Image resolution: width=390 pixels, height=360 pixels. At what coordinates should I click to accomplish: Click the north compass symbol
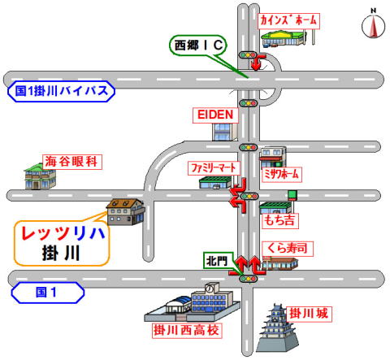(373, 26)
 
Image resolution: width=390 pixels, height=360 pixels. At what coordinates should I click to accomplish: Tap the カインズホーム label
(288, 21)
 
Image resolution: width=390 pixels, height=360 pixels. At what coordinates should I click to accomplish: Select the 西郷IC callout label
(198, 46)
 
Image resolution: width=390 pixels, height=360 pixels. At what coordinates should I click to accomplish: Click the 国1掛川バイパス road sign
(61, 91)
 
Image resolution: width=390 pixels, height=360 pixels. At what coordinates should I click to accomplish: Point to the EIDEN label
(215, 115)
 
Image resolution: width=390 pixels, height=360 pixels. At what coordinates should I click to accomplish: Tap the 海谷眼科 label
(71, 162)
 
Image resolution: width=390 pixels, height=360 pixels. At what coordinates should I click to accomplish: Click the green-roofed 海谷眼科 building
(40, 176)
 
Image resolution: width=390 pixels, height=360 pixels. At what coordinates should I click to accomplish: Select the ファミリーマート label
(214, 168)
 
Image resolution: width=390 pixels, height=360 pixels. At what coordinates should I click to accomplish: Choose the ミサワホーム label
(282, 174)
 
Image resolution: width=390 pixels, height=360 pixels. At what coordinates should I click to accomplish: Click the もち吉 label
(279, 220)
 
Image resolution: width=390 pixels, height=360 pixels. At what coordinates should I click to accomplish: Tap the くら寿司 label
(288, 249)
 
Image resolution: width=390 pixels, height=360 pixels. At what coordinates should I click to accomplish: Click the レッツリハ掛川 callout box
(62, 243)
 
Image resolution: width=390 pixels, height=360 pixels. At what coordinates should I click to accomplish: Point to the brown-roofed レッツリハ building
(126, 212)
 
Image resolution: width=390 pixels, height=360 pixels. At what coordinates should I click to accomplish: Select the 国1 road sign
(48, 293)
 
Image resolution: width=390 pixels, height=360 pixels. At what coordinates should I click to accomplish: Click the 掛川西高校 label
(187, 331)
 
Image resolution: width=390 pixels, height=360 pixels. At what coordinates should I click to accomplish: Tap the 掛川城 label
(309, 314)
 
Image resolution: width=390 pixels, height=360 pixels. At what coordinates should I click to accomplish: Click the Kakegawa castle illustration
(277, 327)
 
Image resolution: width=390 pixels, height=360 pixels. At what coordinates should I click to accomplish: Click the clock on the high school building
(210, 288)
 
